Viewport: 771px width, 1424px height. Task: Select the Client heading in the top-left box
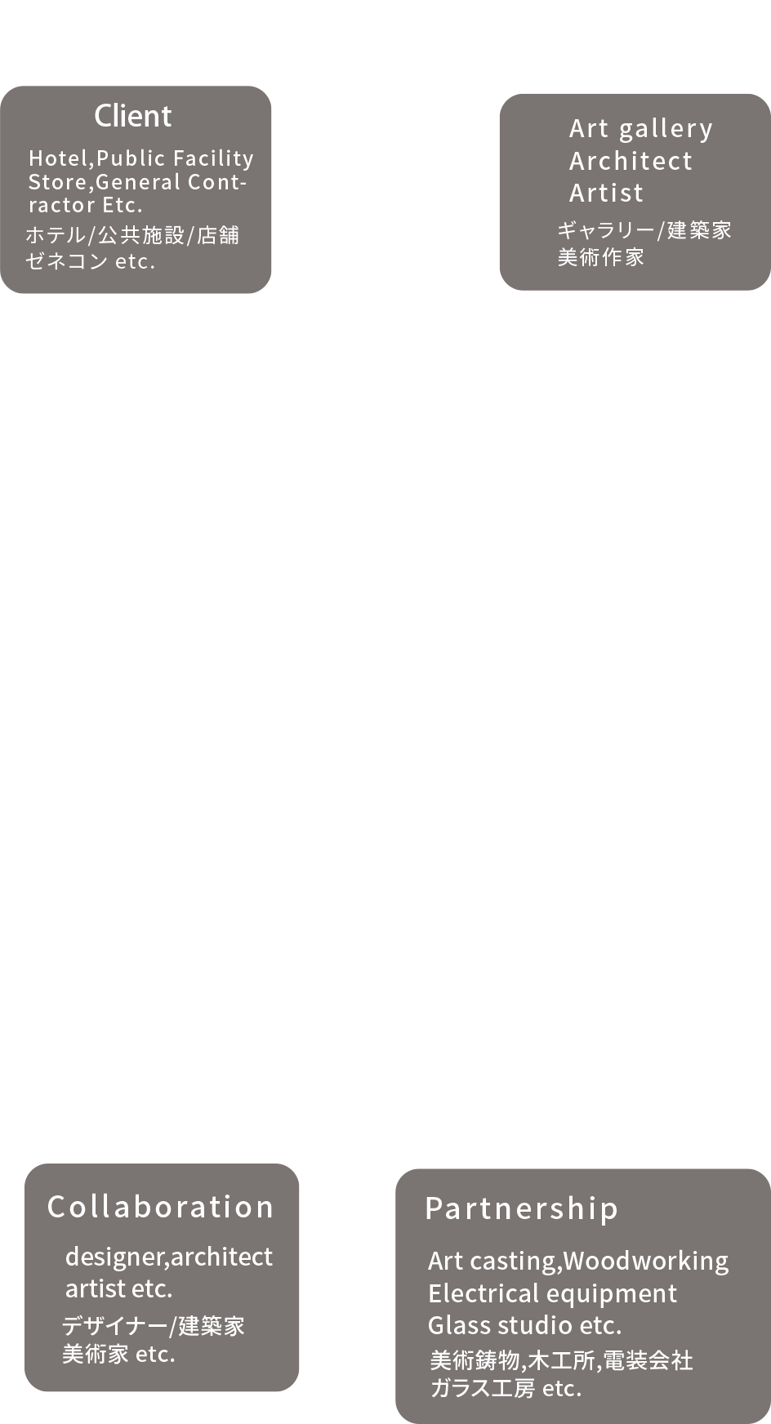tap(133, 116)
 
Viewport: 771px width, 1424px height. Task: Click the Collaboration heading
tap(160, 1207)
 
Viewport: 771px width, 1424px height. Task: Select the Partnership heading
tap(522, 1208)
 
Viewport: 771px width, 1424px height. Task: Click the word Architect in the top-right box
tap(631, 161)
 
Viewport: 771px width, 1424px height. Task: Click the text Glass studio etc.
tap(524, 1324)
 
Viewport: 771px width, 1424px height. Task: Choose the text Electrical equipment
tap(552, 1293)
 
